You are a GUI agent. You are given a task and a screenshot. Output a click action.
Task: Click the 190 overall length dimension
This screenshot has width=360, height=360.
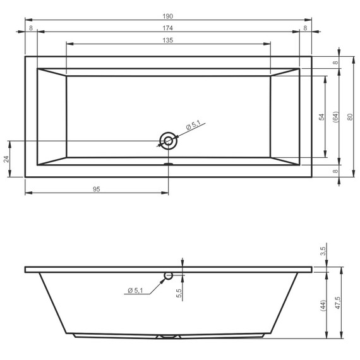click(167, 16)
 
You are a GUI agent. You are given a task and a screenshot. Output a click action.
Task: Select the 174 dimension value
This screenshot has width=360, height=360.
click(167, 28)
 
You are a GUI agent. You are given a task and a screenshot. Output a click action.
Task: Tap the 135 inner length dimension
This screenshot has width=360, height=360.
click(167, 40)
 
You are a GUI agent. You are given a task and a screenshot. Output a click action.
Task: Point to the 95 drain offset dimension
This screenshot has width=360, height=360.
click(97, 189)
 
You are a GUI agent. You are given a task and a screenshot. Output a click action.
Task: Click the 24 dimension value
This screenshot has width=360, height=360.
click(6, 159)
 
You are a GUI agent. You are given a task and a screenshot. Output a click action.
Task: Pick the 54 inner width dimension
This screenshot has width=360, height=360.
click(322, 117)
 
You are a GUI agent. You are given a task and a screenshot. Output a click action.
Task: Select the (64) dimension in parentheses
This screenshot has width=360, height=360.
click(335, 117)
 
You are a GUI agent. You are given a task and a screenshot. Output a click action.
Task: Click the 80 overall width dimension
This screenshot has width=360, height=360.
click(350, 117)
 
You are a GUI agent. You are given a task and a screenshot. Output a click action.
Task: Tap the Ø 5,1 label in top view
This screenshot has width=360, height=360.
click(193, 125)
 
